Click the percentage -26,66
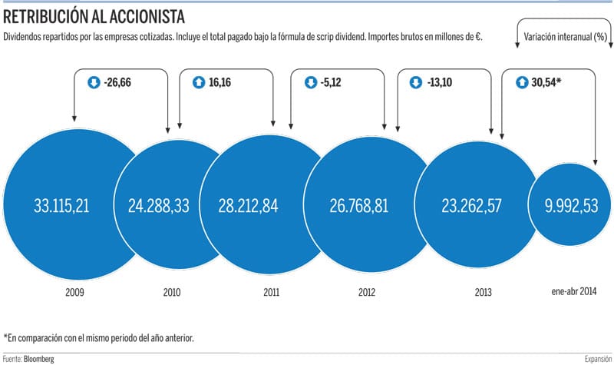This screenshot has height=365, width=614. pos(117,79)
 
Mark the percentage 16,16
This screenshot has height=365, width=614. pos(220,79)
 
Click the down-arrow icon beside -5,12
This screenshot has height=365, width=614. pos(311,79)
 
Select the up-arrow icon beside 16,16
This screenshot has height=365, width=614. pos(197,79)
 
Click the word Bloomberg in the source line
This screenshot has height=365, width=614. pos(39,359)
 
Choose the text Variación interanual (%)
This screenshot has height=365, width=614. pos(566,37)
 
